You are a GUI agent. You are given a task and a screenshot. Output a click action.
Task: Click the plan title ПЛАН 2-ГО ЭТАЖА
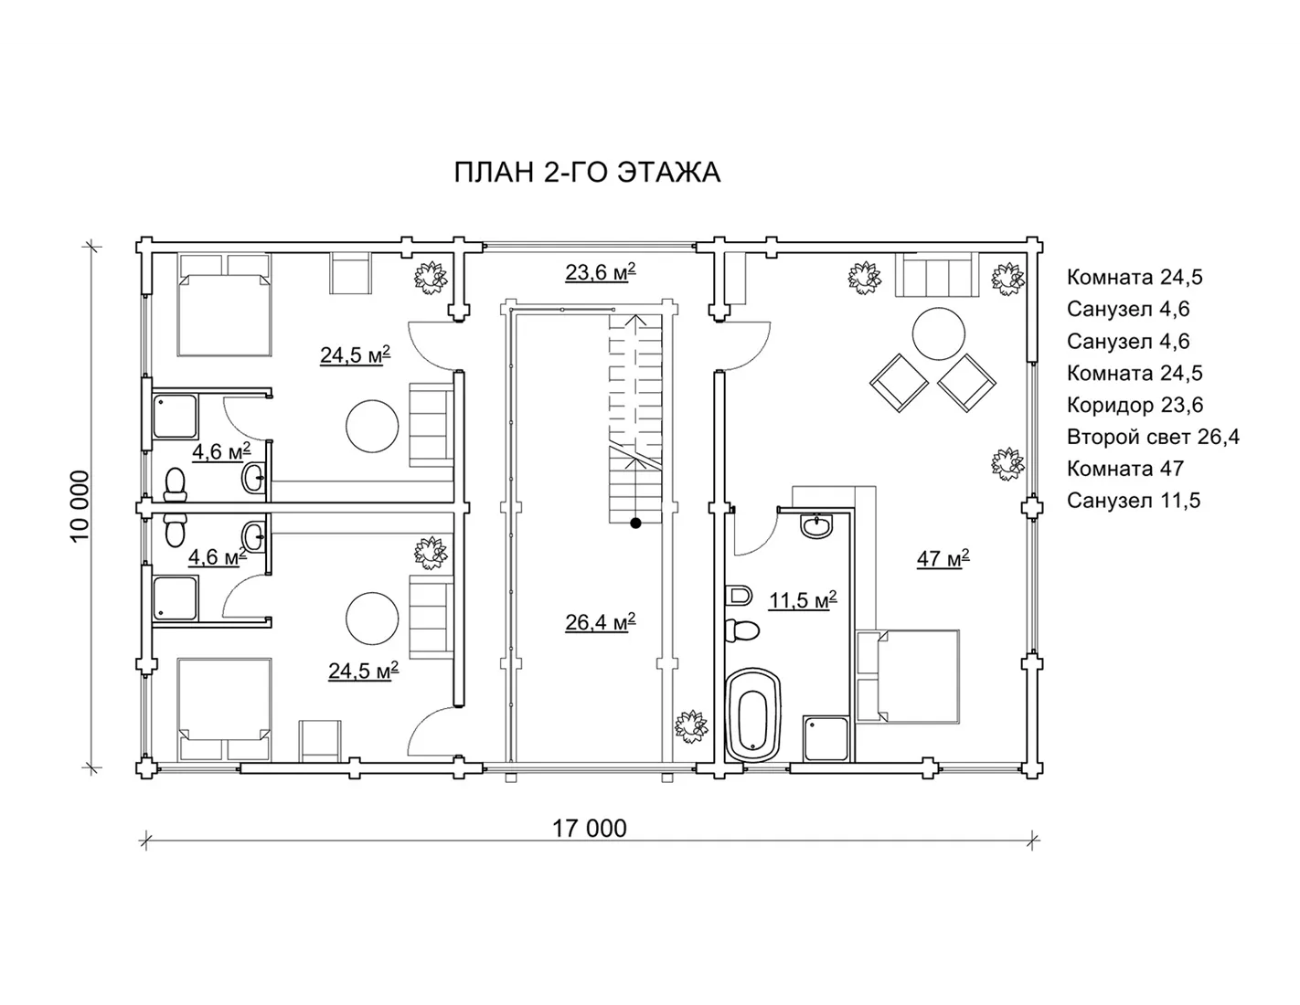(587, 173)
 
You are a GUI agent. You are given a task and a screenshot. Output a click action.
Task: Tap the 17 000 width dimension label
(590, 829)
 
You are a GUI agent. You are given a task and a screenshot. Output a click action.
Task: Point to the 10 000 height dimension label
(80, 506)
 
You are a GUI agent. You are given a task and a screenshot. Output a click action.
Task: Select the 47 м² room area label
(943, 559)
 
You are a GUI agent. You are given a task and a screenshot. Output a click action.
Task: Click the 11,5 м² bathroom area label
(803, 599)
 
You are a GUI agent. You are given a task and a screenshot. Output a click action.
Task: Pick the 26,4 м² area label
(600, 622)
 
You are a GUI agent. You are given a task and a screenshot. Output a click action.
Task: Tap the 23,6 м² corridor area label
(600, 272)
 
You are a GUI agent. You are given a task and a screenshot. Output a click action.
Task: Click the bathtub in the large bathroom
(753, 715)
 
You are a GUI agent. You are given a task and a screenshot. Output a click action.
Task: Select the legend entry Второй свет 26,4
(1153, 437)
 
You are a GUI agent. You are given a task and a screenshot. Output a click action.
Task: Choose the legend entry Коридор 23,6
(1135, 406)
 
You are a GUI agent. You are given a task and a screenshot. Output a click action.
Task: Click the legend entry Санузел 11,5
(1133, 501)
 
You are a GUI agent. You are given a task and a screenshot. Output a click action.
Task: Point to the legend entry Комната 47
(1124, 469)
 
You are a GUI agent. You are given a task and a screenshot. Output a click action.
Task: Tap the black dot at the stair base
(635, 524)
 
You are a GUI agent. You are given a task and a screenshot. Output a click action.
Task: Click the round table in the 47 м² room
(938, 333)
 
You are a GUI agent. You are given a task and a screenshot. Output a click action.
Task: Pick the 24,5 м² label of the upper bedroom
(356, 355)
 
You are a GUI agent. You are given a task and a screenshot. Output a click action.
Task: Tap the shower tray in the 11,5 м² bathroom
(826, 738)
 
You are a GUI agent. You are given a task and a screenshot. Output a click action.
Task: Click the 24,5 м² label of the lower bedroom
(364, 671)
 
